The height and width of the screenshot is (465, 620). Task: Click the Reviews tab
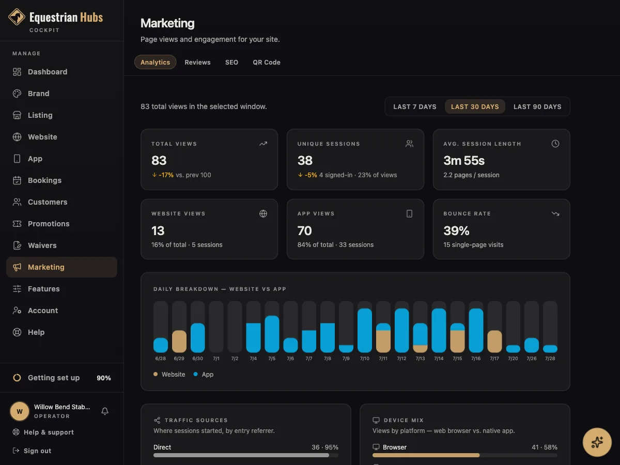point(197,62)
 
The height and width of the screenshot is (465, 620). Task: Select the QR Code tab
point(267,62)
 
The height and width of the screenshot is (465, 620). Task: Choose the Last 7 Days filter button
point(415,107)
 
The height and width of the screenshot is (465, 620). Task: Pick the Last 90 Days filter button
point(537,107)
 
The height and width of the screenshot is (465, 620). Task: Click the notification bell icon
point(105,411)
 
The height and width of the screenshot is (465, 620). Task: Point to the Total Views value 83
point(159,160)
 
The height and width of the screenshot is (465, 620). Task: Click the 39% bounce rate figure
point(456,230)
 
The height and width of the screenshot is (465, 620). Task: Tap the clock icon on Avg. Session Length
point(555,144)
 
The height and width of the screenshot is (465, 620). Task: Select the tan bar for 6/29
point(179,342)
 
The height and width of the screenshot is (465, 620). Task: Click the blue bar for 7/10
point(364,330)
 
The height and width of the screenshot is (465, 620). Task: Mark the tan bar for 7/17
point(494,342)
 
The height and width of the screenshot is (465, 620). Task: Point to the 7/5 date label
point(272,358)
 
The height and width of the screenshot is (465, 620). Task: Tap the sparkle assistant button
point(597,442)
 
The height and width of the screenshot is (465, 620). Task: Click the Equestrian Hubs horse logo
point(17,17)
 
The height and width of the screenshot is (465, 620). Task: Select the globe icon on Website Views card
point(263,214)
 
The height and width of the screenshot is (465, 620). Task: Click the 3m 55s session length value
point(464,160)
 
